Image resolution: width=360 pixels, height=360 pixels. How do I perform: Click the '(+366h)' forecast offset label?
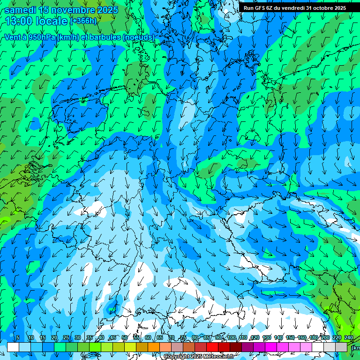(83, 21)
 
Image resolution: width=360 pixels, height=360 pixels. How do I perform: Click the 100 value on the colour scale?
(232, 338)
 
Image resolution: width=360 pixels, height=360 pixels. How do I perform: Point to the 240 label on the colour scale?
(349, 338)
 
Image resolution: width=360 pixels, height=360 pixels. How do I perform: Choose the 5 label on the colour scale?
(18, 338)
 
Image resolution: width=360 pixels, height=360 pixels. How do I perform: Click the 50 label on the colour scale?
(125, 338)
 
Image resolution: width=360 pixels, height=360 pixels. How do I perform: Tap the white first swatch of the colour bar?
(13, 347)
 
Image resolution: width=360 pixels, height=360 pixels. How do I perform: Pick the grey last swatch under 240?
(342, 347)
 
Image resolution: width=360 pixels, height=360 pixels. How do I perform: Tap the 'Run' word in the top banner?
(248, 8)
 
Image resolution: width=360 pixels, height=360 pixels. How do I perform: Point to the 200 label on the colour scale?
(325, 338)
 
